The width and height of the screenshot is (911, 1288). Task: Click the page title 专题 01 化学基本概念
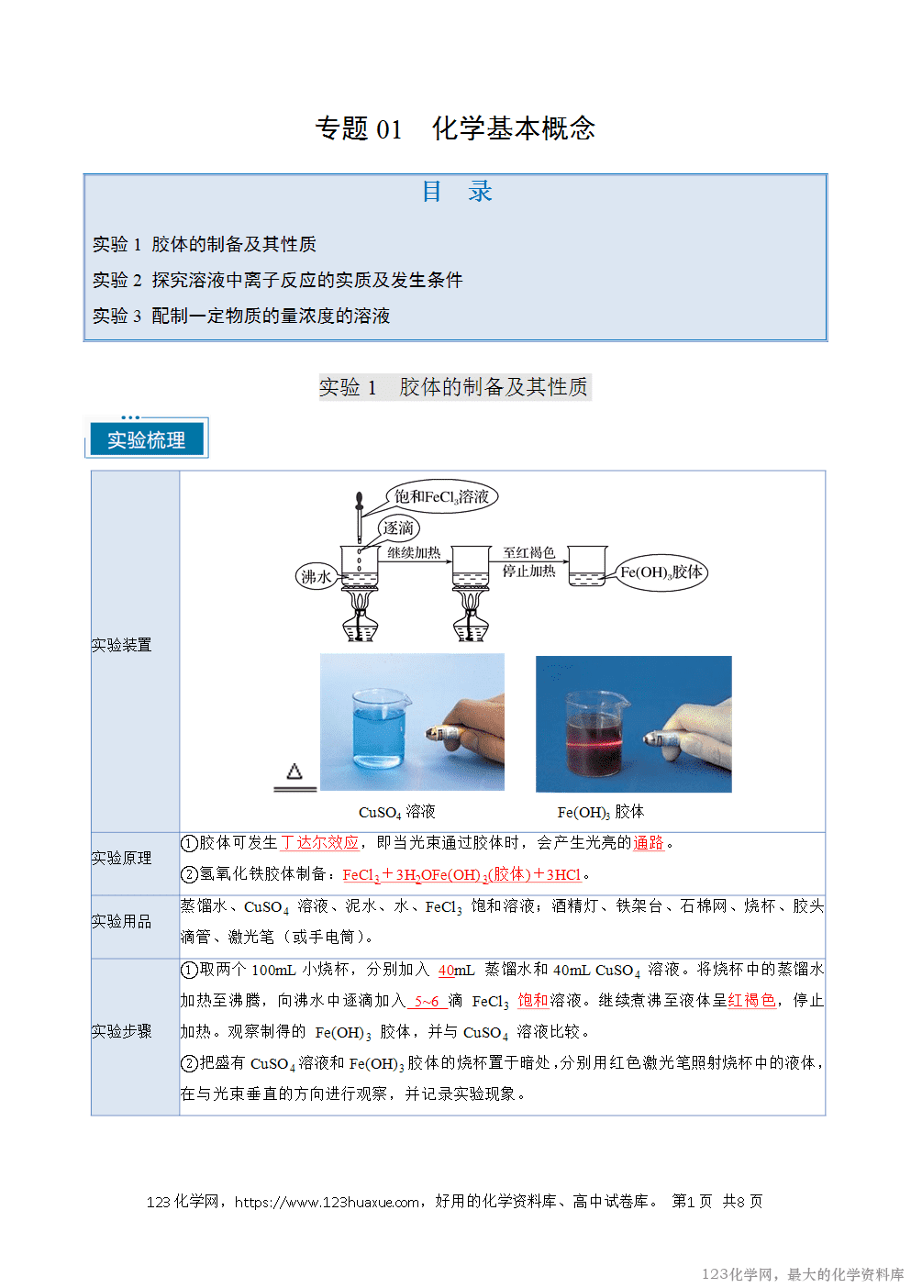pyautogui.click(x=455, y=128)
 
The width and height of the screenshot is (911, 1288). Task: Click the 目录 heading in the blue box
pyautogui.click(x=456, y=192)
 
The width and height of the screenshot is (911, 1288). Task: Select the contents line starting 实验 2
pyautogui.click(x=277, y=280)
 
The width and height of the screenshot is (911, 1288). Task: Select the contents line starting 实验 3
pyautogui.click(x=241, y=316)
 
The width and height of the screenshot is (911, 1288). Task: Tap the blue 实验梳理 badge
pyautogui.click(x=147, y=439)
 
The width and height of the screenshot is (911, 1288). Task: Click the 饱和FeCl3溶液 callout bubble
pyautogui.click(x=441, y=496)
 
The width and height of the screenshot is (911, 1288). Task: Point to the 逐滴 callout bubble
pyautogui.click(x=398, y=527)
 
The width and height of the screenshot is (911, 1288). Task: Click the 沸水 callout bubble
pyautogui.click(x=316, y=576)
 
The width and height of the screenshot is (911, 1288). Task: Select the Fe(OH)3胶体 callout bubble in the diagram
pyautogui.click(x=661, y=572)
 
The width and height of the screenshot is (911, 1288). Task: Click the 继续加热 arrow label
pyautogui.click(x=414, y=552)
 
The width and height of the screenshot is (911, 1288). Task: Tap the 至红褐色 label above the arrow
pyautogui.click(x=528, y=552)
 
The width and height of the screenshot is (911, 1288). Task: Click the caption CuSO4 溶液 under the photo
pyautogui.click(x=396, y=812)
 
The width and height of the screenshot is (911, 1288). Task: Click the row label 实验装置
pyautogui.click(x=121, y=645)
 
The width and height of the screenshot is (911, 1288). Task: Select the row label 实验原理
pyautogui.click(x=121, y=858)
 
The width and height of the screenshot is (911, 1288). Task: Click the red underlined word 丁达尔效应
pyautogui.click(x=319, y=842)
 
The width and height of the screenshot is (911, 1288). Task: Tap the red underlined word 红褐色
pyautogui.click(x=751, y=1000)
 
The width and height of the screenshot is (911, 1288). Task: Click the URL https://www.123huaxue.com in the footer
pyautogui.click(x=328, y=1202)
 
